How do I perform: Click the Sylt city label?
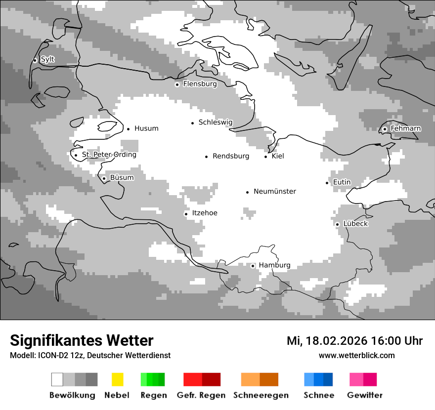pos(47,60)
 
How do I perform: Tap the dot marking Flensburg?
pos(177,84)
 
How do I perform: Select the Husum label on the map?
pos(146,128)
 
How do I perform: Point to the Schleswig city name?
pos(215,123)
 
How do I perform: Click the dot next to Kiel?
pos(266,157)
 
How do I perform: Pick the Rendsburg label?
pos(231,156)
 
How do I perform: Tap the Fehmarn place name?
pos(405,128)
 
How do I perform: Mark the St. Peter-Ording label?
pos(109,155)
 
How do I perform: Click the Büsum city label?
pos(122,178)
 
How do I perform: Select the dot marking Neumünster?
pos(248,192)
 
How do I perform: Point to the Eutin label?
pos(342,182)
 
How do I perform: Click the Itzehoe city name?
pos(204,213)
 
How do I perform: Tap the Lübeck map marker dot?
pos(338,224)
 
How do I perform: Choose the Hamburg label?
pos(274,265)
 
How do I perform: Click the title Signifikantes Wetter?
pos(82,340)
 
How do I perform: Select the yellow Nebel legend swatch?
pos(117,379)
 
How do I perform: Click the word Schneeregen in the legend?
pos(261,395)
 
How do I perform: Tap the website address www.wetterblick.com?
pos(356,356)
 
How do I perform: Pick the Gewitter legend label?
pos(365,395)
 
